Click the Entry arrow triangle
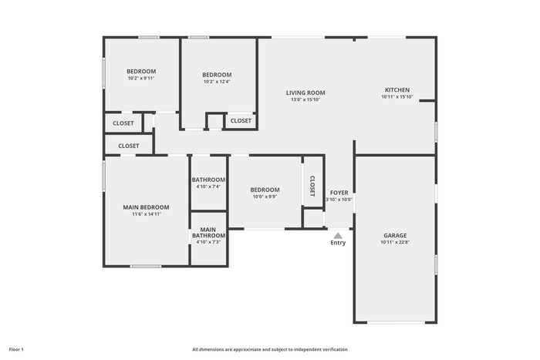(x=338, y=235)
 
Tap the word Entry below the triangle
(x=338, y=243)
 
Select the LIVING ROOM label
(x=305, y=93)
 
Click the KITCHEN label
(x=397, y=90)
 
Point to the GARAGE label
(x=395, y=235)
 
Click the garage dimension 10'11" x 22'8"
(x=395, y=242)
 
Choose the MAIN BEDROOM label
(x=146, y=207)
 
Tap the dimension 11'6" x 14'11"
(x=147, y=214)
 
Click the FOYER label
(x=339, y=193)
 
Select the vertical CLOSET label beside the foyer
(x=312, y=187)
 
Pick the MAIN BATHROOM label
(x=208, y=233)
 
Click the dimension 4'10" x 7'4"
(x=208, y=187)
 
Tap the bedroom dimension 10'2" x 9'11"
(x=141, y=78)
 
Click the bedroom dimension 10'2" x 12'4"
(x=217, y=82)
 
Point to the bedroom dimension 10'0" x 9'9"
(x=265, y=197)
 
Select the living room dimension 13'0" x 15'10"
(x=305, y=99)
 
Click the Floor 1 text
(x=16, y=350)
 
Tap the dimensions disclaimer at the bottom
(x=270, y=350)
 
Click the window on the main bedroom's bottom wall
(x=145, y=266)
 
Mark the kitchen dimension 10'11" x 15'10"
(x=397, y=96)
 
